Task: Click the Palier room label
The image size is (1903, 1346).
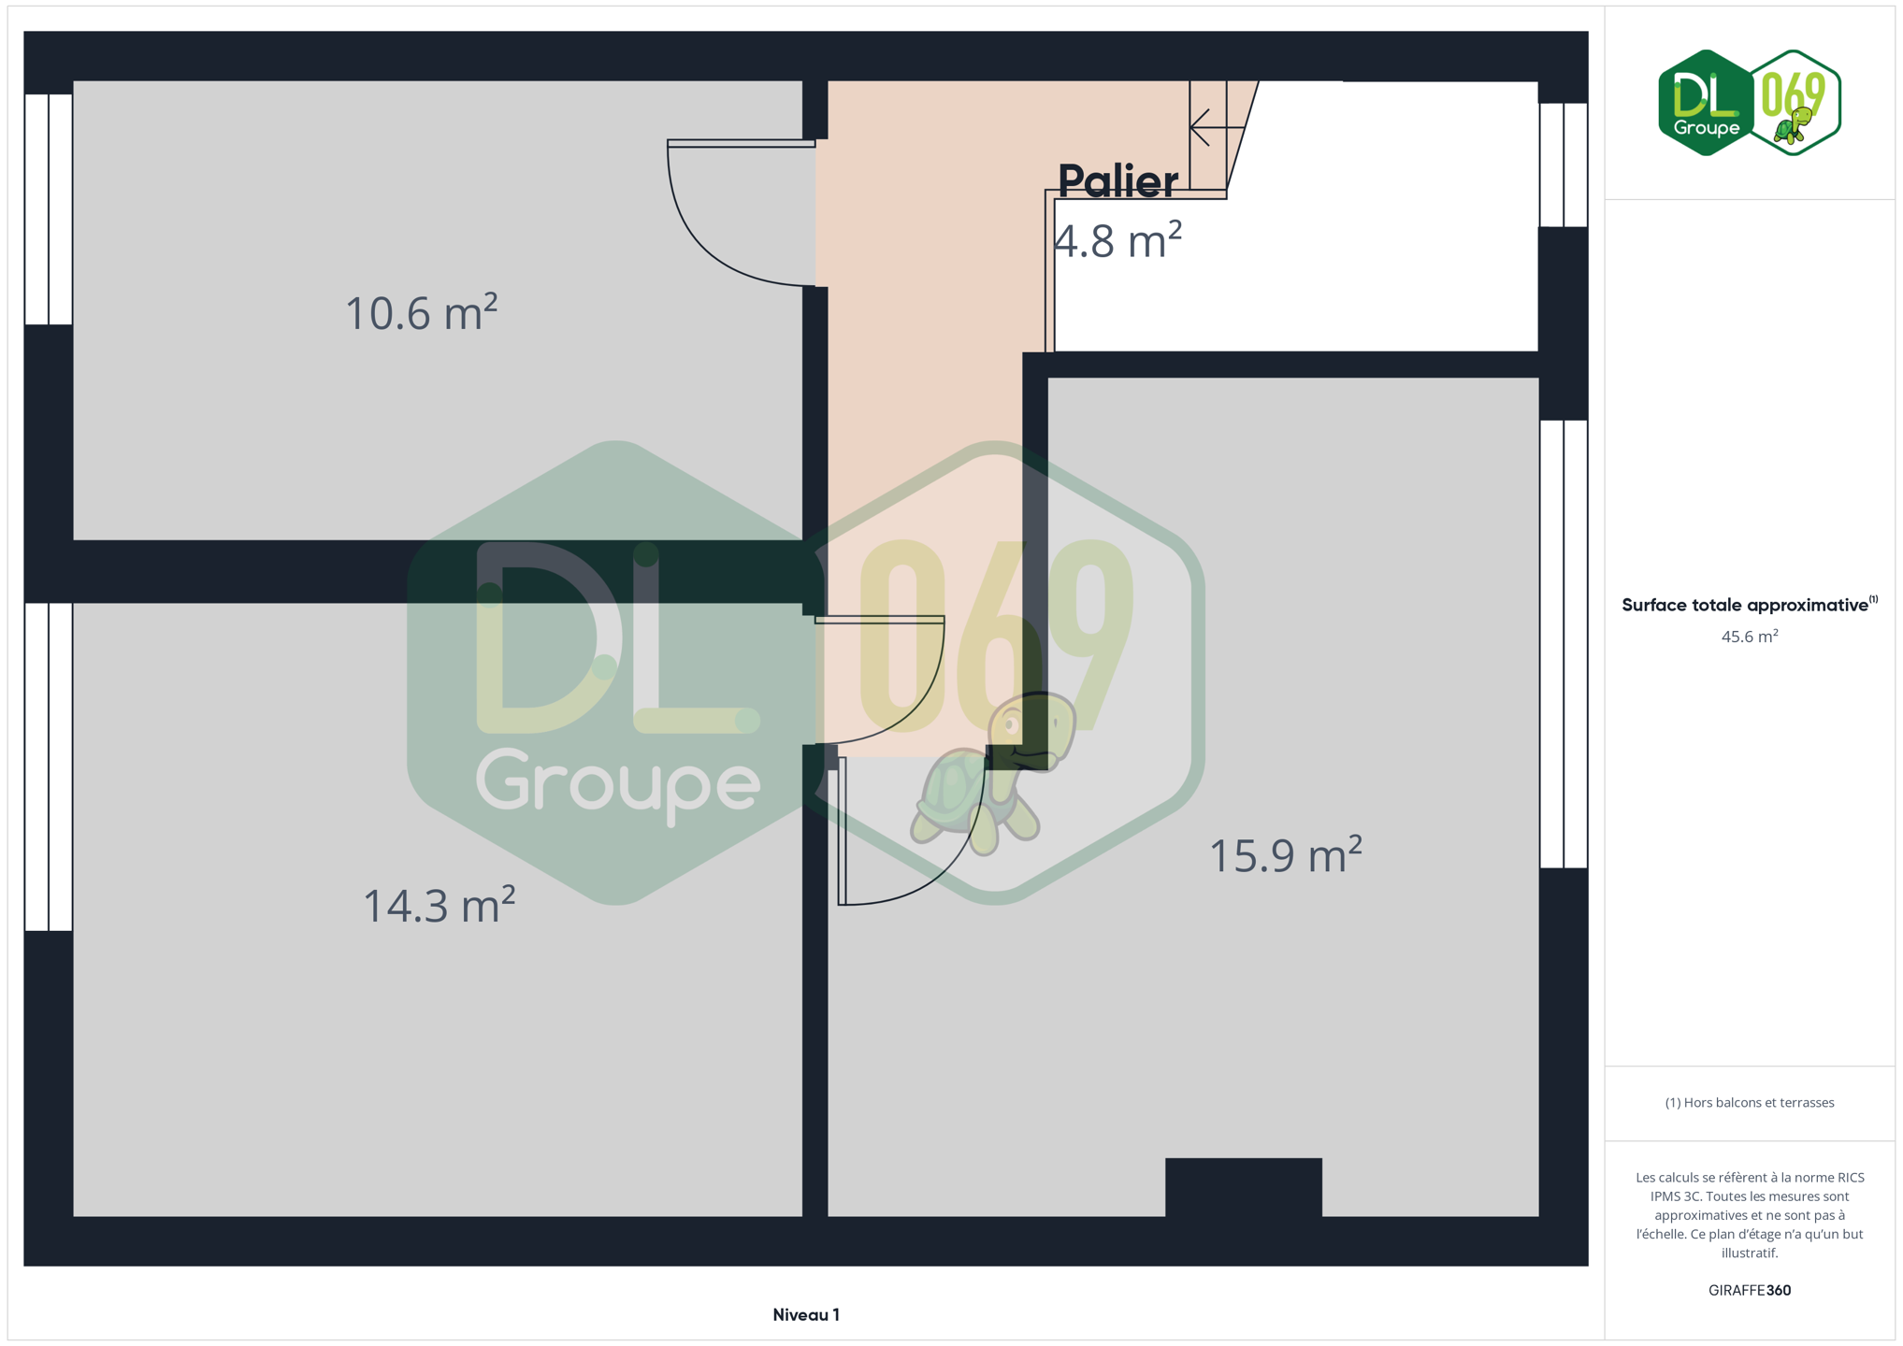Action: [1117, 181]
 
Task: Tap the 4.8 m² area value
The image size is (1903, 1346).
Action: [1117, 240]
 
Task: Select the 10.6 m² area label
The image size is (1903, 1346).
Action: [421, 312]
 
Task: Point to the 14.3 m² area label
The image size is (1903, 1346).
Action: [439, 905]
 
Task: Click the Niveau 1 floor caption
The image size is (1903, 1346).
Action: [806, 1315]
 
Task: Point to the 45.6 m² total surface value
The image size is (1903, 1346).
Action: [1750, 637]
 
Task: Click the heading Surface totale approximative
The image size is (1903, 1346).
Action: [1745, 605]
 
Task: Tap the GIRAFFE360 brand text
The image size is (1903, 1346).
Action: [1750, 1290]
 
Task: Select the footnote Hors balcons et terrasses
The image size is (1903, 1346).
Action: [1750, 1103]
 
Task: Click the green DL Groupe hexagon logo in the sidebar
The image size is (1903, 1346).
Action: [1706, 103]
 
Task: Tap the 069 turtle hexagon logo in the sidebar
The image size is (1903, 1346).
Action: [1795, 103]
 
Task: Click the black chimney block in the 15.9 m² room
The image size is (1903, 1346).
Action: [1244, 1188]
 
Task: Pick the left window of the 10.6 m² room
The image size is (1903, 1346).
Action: [49, 209]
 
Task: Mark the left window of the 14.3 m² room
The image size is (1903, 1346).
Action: [49, 767]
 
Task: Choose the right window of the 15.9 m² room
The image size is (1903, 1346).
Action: [1564, 644]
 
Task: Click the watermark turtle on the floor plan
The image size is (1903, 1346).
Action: [994, 773]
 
